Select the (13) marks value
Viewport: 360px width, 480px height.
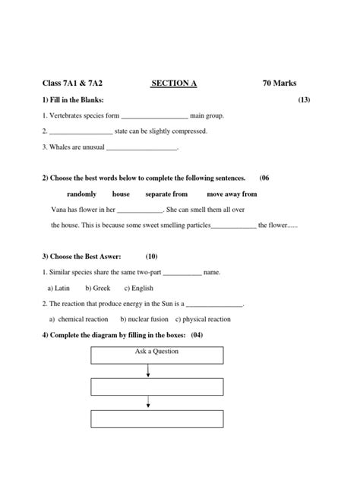tap(304, 100)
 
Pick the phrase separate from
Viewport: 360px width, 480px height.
tap(166, 194)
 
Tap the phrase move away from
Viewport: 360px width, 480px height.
tap(232, 194)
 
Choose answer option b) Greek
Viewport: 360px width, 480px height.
tap(98, 288)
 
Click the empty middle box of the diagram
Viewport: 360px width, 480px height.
tap(156, 387)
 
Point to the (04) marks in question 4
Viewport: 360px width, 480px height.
tap(196, 335)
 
